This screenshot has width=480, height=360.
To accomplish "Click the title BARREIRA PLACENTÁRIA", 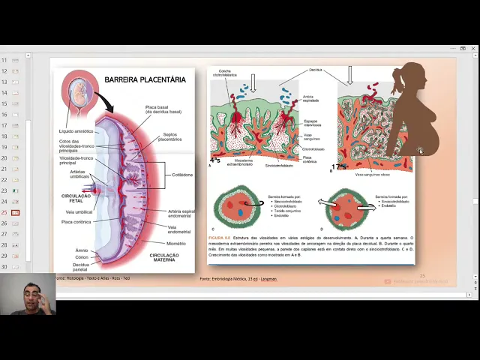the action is pyautogui.click(x=145, y=79).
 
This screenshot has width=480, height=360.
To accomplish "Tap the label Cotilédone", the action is pyautogui.click(x=183, y=175).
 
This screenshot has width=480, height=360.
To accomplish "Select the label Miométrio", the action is pyautogui.click(x=176, y=243).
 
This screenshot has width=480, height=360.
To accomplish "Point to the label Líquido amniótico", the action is pyautogui.click(x=76, y=131).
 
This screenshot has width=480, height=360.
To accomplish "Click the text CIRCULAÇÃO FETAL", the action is pyautogui.click(x=76, y=198).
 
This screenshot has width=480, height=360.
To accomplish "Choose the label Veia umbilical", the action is pyautogui.click(x=79, y=212).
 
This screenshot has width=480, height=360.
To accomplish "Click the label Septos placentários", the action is pyautogui.click(x=170, y=137).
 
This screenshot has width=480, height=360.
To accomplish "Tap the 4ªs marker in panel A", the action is pyautogui.click(x=215, y=160).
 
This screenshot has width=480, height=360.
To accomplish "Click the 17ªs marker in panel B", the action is pyautogui.click(x=339, y=166).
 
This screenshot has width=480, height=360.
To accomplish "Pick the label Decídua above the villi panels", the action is pyautogui.click(x=316, y=70).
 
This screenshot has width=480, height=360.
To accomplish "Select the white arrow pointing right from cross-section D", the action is pyautogui.click(x=365, y=208).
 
